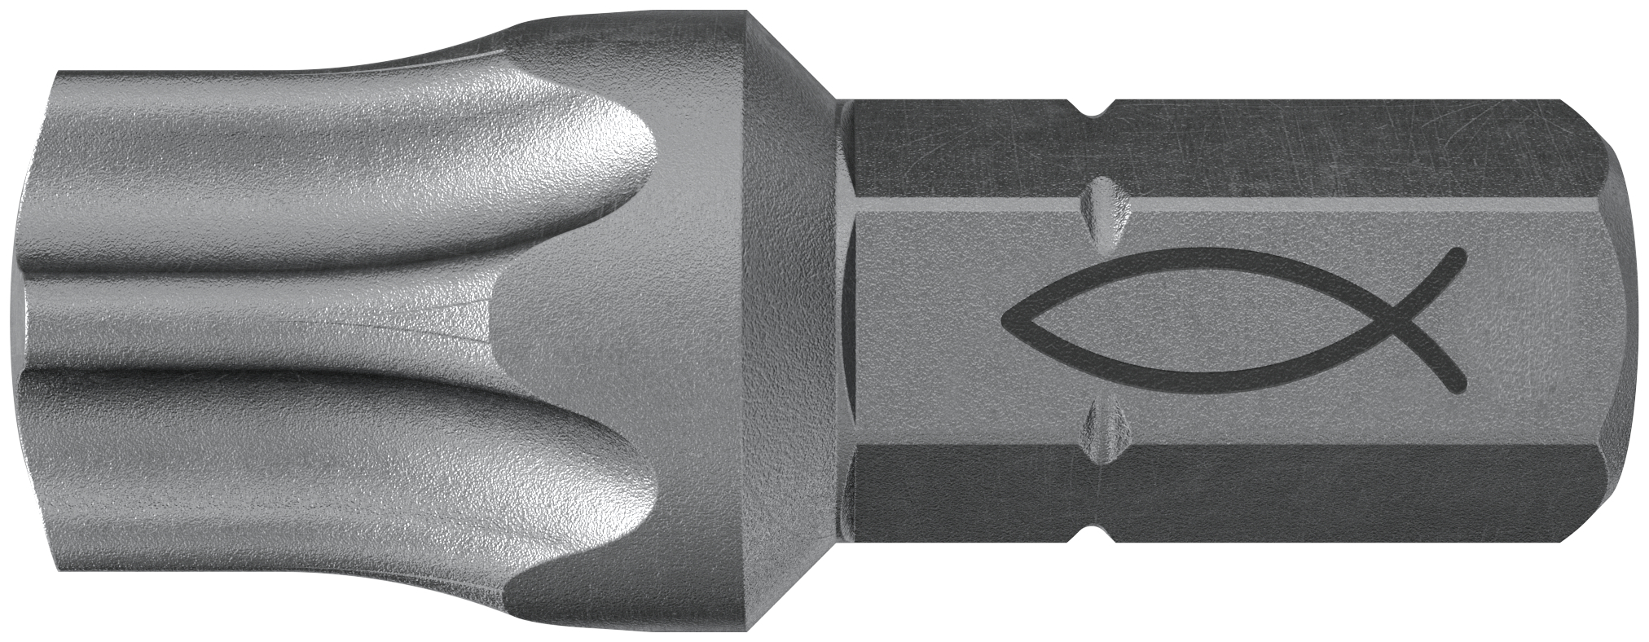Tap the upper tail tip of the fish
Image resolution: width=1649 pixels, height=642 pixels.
pos(1460,256)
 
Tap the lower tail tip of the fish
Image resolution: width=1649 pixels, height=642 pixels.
pos(1461,383)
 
